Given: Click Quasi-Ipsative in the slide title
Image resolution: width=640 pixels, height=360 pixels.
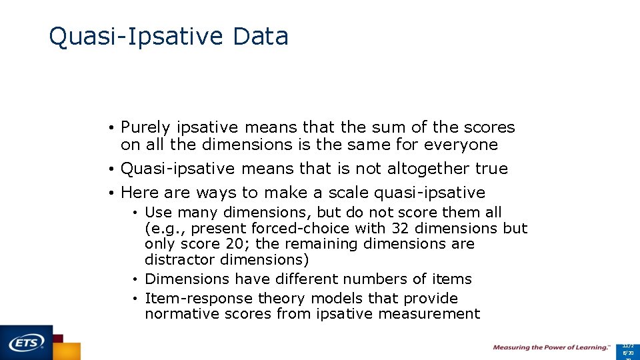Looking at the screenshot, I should pos(137,37).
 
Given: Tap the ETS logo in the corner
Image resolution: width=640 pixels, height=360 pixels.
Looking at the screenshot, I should pos(27,342).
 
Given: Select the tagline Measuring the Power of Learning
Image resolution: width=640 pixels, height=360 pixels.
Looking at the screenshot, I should pos(551,347).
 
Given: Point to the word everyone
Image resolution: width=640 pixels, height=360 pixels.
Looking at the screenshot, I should pos(461,145).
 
